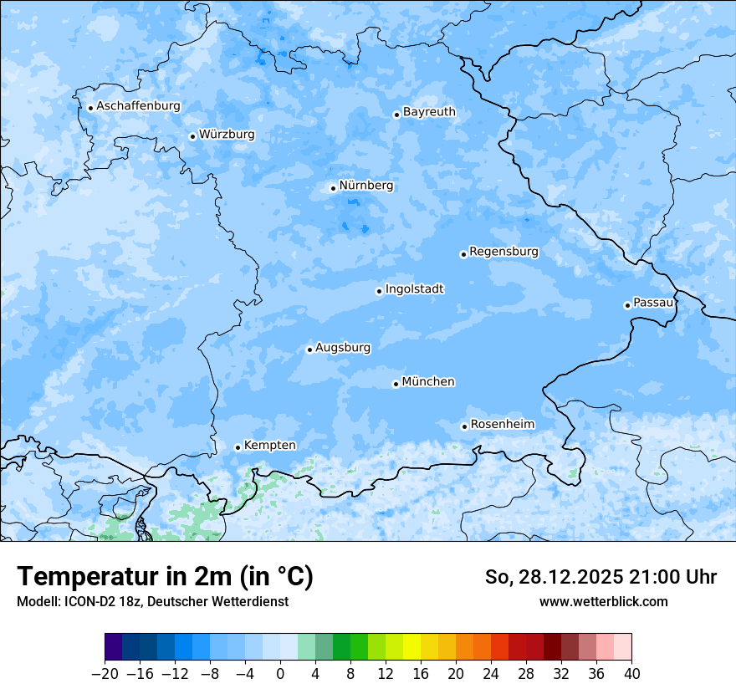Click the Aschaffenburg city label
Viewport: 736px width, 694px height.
pyautogui.click(x=138, y=106)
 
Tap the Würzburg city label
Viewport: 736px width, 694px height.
pyautogui.click(x=227, y=135)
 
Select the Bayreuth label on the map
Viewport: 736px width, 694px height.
pyautogui.click(x=429, y=112)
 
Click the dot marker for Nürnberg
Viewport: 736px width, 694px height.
pyautogui.click(x=333, y=188)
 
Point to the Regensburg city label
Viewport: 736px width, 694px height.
pyautogui.click(x=503, y=252)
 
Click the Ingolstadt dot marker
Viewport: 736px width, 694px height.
pyautogui.click(x=379, y=292)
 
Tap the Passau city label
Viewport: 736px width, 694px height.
pyautogui.click(x=653, y=303)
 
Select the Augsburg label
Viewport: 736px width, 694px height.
pyautogui.click(x=343, y=348)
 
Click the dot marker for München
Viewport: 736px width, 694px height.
pyautogui.click(x=396, y=385)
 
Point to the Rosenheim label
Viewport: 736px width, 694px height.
pyautogui.click(x=502, y=425)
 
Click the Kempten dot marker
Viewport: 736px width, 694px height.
pyautogui.click(x=238, y=447)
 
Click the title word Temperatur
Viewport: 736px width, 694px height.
pyautogui.click(x=91, y=577)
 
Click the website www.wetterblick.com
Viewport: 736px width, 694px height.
pyautogui.click(x=603, y=601)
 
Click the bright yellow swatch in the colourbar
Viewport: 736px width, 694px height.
pyautogui.click(x=411, y=647)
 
